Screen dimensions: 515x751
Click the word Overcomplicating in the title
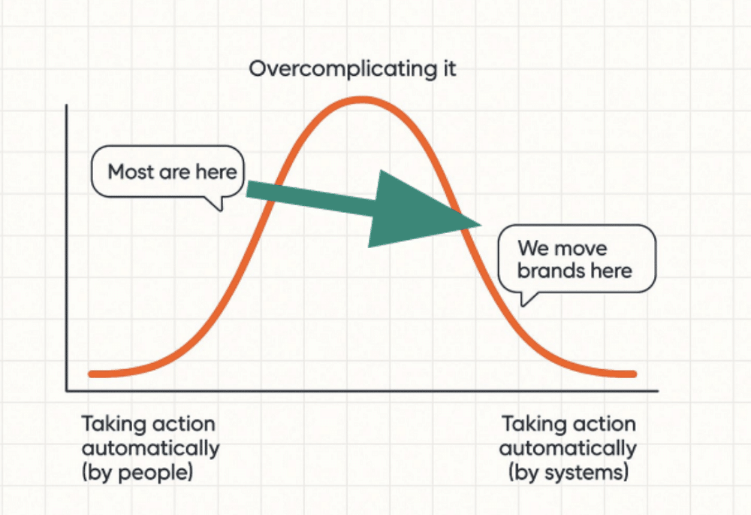coord(341,70)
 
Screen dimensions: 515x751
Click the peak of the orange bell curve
coord(362,100)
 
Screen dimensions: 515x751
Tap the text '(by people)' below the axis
coord(138,474)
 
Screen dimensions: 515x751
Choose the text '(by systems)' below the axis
coord(568,474)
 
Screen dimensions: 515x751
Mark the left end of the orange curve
coord(91,374)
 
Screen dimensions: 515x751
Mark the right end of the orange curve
coord(634,374)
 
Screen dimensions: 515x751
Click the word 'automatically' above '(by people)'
coord(150,449)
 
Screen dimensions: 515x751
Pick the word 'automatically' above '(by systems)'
coord(568,449)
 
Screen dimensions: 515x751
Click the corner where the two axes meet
coord(67,391)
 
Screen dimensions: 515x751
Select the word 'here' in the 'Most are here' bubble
coord(216,172)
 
